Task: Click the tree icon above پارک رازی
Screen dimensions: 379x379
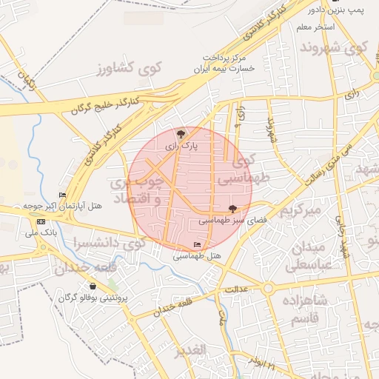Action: coord(181,134)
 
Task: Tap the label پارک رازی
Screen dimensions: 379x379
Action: coord(181,147)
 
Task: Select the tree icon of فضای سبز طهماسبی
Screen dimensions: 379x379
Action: coord(234,209)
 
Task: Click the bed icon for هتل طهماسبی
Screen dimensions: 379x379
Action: coord(197,244)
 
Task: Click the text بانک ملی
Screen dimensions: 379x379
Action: coord(41,233)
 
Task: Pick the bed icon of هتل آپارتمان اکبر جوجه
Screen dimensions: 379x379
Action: coord(72,195)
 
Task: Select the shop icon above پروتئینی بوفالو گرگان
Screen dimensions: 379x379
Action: coord(93,286)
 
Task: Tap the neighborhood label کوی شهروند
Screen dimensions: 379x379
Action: coord(334,50)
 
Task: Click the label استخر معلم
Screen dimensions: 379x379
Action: coord(316,27)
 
